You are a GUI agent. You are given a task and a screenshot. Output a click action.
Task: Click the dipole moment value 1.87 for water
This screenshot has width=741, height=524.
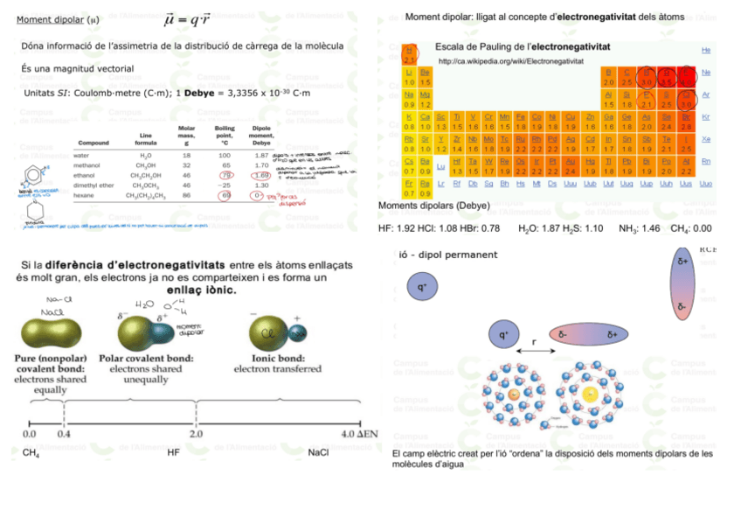click(x=260, y=155)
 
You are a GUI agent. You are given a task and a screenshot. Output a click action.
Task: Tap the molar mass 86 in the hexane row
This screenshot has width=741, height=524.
click(x=186, y=195)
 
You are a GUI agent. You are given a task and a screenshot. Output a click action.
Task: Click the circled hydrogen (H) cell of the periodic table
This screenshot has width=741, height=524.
click(x=409, y=55)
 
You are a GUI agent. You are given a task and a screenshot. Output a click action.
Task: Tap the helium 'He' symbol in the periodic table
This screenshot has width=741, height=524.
click(x=706, y=51)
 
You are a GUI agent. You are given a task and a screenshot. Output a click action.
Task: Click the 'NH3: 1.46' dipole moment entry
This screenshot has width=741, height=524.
click(x=639, y=228)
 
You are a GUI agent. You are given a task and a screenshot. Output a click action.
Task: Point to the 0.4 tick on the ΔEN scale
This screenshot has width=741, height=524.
click(x=64, y=433)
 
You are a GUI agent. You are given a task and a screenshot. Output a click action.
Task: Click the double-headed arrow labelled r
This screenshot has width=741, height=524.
click(x=534, y=351)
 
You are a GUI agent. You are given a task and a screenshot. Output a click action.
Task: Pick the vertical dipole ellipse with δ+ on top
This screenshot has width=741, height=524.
click(x=682, y=283)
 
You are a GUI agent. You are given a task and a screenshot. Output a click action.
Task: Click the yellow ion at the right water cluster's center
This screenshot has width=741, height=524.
click(x=591, y=395)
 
